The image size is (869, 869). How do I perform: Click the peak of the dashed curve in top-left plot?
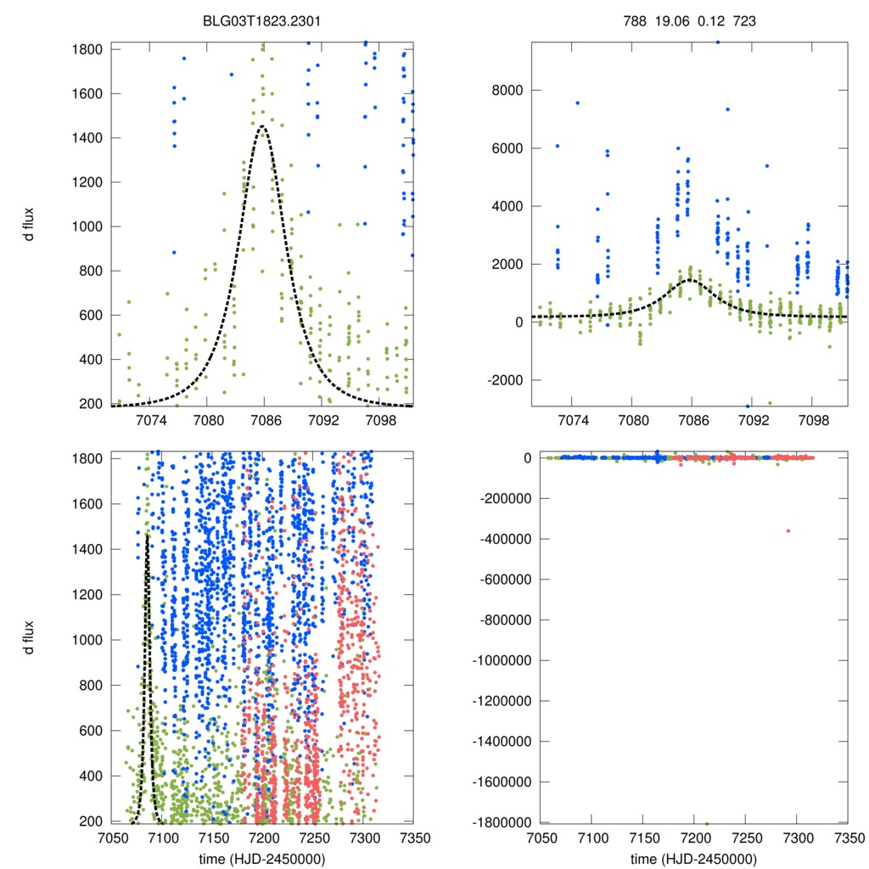[x=263, y=126]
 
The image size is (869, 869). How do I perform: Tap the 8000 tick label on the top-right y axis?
[x=507, y=91]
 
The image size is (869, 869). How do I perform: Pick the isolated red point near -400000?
[x=788, y=530]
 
